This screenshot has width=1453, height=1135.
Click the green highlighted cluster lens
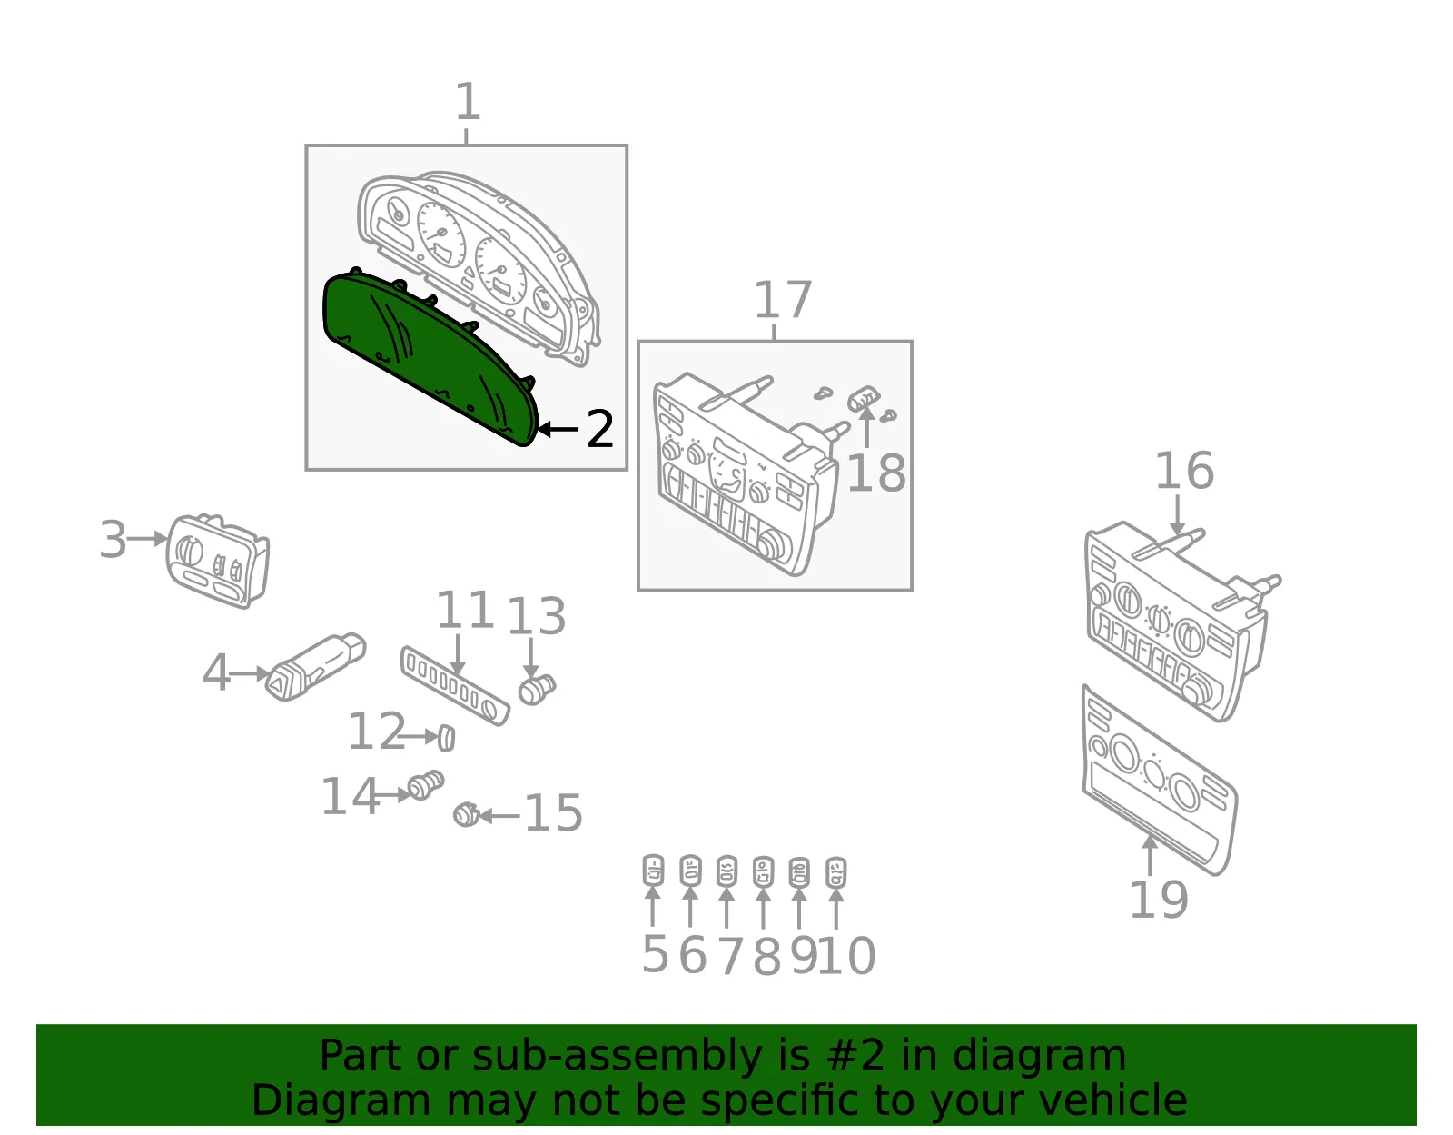428,358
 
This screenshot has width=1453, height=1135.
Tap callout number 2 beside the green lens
599,430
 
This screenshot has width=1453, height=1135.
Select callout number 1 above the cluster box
468,101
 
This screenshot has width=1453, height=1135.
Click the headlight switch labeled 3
217,561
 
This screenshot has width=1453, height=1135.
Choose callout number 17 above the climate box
783,300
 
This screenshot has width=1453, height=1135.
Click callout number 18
876,473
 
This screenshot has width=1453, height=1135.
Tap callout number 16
1184,470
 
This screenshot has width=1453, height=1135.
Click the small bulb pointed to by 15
466,814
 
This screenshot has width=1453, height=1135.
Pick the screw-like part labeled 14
426,784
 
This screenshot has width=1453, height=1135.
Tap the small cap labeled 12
447,739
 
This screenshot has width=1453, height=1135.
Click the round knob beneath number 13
537,690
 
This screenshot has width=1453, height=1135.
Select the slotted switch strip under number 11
455,685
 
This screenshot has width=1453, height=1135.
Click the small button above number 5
653,871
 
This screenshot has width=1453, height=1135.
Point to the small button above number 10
835,872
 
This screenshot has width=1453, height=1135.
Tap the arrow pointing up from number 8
763,908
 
